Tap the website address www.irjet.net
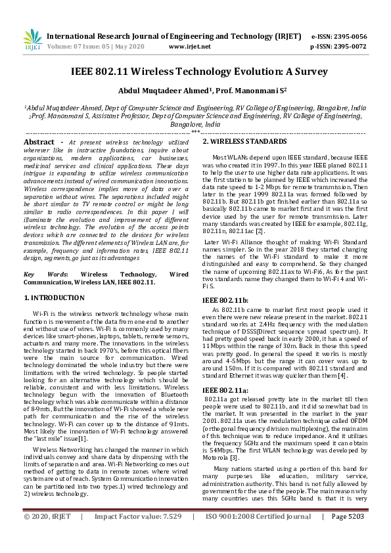[190, 47]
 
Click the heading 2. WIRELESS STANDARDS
[244, 141]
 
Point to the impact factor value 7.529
[168, 535]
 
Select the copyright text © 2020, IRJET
[47, 535]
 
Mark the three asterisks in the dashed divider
[195, 132]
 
